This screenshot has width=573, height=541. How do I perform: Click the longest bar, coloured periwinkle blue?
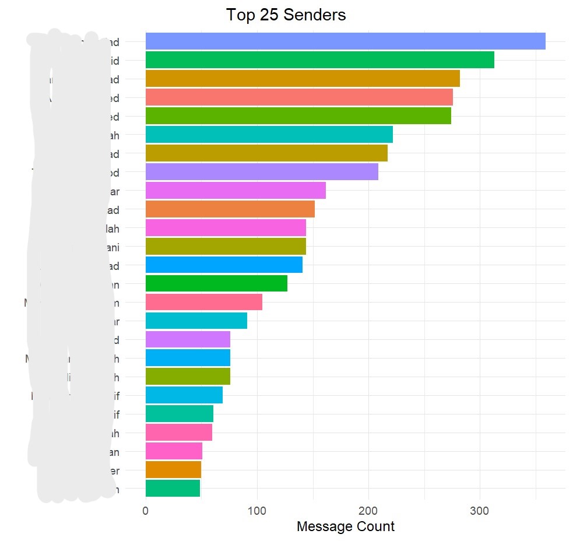345,41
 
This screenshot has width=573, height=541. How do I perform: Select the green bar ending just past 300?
319,60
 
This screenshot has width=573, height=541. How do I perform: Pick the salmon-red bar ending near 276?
298,97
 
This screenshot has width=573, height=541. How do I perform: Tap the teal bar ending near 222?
269,135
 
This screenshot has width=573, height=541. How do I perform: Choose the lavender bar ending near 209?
261,172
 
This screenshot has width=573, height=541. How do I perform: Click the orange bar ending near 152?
230,209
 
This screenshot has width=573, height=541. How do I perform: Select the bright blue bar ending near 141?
223,265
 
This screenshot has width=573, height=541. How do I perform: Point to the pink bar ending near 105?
203,303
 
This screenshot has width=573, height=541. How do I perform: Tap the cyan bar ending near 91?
196,321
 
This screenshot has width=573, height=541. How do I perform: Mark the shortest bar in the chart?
173,489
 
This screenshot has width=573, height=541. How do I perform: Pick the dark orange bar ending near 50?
173,470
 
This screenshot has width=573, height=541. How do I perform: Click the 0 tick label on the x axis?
145,511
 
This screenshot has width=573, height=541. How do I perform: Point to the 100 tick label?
256,511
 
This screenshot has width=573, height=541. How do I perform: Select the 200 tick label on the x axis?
368,511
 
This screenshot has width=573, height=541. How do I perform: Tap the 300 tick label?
479,511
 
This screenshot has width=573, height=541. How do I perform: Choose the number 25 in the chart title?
266,15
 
